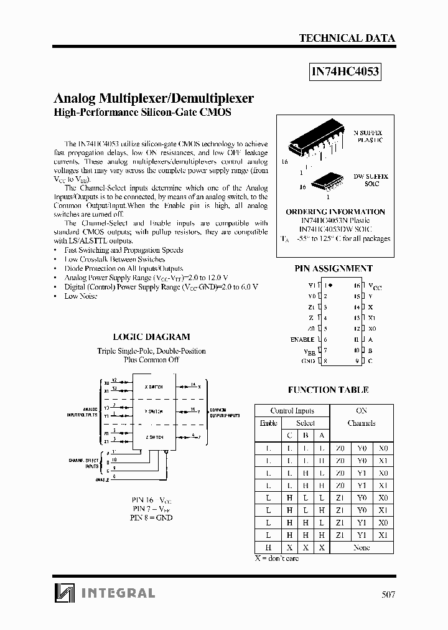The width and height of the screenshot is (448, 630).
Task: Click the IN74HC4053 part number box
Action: click(x=345, y=72)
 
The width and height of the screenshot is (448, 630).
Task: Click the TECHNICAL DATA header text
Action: click(x=347, y=38)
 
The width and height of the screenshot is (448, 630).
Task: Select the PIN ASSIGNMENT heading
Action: click(x=333, y=268)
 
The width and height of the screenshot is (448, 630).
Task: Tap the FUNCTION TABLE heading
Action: click(x=328, y=390)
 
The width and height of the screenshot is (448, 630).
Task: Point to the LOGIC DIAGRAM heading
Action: click(x=151, y=337)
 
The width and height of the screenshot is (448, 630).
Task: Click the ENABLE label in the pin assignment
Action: click(x=302, y=339)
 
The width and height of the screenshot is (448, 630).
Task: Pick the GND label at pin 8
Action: click(x=308, y=360)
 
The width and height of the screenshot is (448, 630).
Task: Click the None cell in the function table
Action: click(x=361, y=547)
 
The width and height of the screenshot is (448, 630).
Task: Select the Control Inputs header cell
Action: click(x=292, y=411)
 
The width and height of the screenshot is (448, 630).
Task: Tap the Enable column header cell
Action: click(x=268, y=423)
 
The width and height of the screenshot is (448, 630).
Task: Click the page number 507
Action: click(x=388, y=594)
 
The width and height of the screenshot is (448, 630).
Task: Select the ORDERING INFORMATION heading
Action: click(x=335, y=212)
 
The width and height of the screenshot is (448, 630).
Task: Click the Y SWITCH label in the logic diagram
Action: click(x=154, y=411)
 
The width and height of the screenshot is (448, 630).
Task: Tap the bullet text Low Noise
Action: click(x=81, y=296)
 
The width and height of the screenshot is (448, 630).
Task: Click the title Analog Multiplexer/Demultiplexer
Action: click(x=154, y=98)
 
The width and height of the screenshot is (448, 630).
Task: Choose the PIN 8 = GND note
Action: click(x=151, y=517)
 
